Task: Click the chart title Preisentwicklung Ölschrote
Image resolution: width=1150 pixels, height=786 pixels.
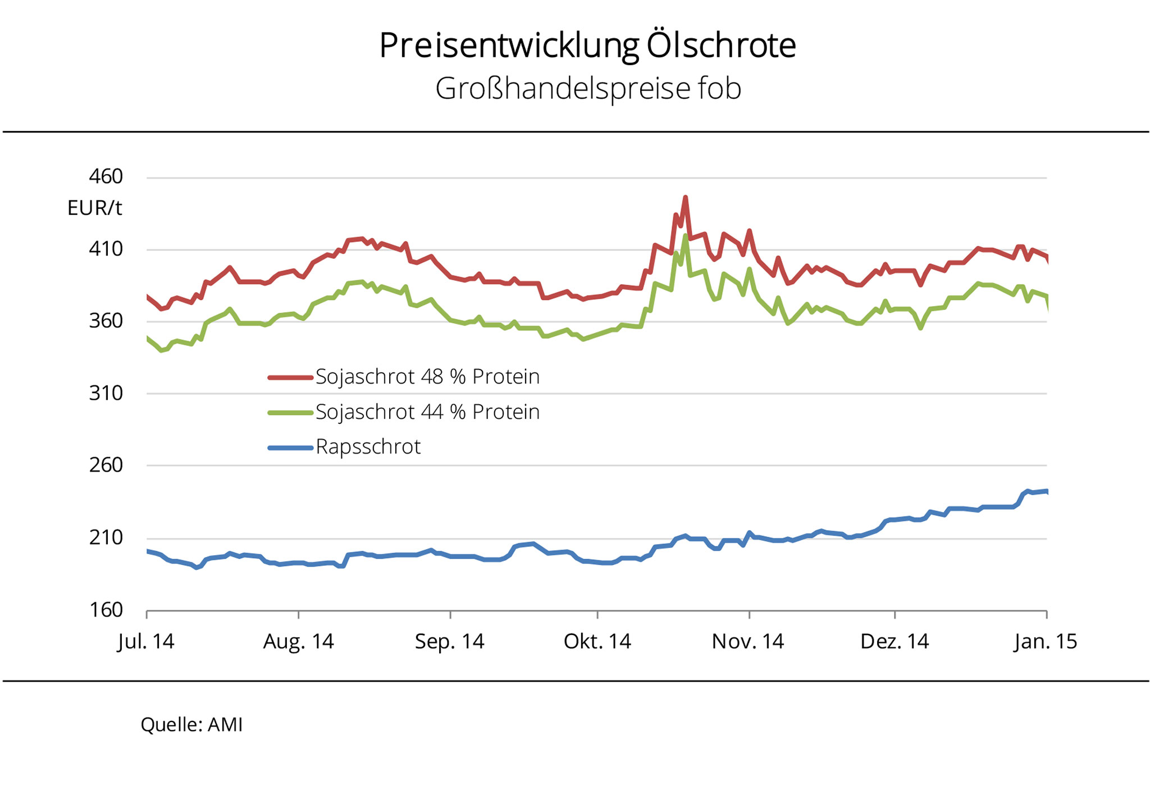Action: click(587, 46)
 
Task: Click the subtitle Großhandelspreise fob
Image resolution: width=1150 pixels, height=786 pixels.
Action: click(588, 89)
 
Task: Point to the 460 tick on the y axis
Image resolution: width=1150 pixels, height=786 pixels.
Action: click(106, 177)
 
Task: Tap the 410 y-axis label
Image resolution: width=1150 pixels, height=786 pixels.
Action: click(106, 249)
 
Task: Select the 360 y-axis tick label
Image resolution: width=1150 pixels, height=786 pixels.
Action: click(106, 321)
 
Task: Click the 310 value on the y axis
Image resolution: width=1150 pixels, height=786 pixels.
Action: click(106, 393)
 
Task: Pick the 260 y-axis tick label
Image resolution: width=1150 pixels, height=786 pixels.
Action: click(106, 465)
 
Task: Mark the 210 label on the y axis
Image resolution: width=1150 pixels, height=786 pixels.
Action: click(106, 537)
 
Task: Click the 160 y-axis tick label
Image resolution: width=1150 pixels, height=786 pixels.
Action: click(106, 610)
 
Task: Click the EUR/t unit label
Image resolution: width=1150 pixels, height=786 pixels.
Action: click(94, 208)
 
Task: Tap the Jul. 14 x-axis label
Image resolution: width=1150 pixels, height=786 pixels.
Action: click(146, 642)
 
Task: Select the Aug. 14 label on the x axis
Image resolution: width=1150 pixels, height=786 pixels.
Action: click(298, 642)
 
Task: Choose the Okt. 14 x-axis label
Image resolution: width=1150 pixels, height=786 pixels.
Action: click(597, 642)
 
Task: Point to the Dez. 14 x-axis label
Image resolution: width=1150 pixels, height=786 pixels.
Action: click(895, 642)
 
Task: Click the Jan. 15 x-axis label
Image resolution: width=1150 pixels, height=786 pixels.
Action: click(1046, 642)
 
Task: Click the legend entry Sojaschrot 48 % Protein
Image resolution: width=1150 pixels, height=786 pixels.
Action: click(427, 377)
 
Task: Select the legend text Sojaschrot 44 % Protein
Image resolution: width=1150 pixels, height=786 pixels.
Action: click(427, 412)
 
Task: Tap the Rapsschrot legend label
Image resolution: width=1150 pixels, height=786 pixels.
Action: click(368, 447)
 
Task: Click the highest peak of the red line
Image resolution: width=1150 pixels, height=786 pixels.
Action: click(686, 198)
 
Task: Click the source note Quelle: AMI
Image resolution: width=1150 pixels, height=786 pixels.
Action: click(191, 725)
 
